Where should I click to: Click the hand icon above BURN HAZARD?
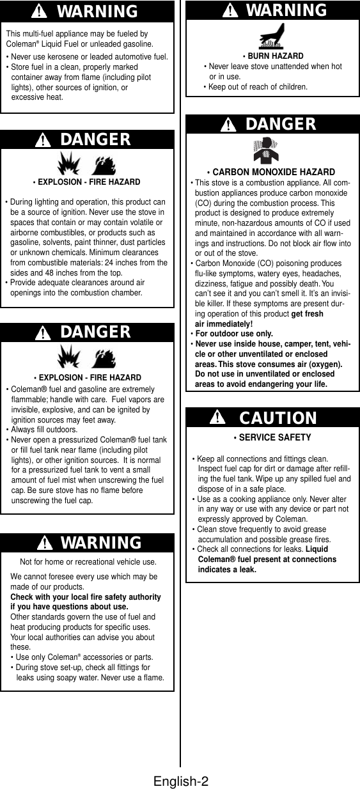[272, 36]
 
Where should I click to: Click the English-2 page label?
[181, 781]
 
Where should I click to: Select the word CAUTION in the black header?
[278, 418]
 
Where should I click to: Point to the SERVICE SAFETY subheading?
[272, 438]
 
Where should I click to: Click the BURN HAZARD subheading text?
[275, 56]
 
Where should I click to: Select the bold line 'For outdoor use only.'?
[233, 334]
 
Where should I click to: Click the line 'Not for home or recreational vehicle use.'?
[88, 562]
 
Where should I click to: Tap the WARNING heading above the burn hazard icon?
[286, 10]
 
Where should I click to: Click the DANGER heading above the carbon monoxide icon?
[280, 123]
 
